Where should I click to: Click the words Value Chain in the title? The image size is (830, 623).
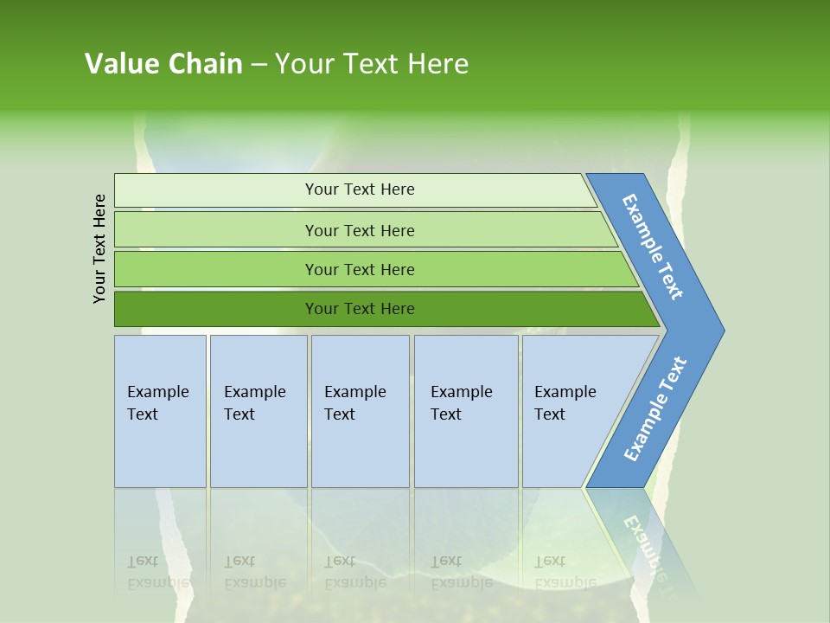(x=163, y=64)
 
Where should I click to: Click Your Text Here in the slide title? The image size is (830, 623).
(x=372, y=64)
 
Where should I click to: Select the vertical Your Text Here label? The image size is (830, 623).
(x=99, y=248)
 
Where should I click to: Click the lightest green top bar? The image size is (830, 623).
(x=216, y=190)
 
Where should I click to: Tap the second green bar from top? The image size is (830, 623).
(x=216, y=230)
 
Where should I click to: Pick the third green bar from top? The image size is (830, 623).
(x=216, y=269)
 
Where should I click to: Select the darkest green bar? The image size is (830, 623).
(x=216, y=309)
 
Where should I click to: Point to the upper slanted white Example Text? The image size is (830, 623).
(x=653, y=247)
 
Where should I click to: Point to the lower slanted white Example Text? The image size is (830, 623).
(x=654, y=409)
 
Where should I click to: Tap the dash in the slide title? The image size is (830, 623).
(x=259, y=64)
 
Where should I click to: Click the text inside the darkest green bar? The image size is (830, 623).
(x=360, y=309)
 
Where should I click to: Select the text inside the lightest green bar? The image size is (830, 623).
(x=360, y=189)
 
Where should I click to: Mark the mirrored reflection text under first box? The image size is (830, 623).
(x=157, y=572)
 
